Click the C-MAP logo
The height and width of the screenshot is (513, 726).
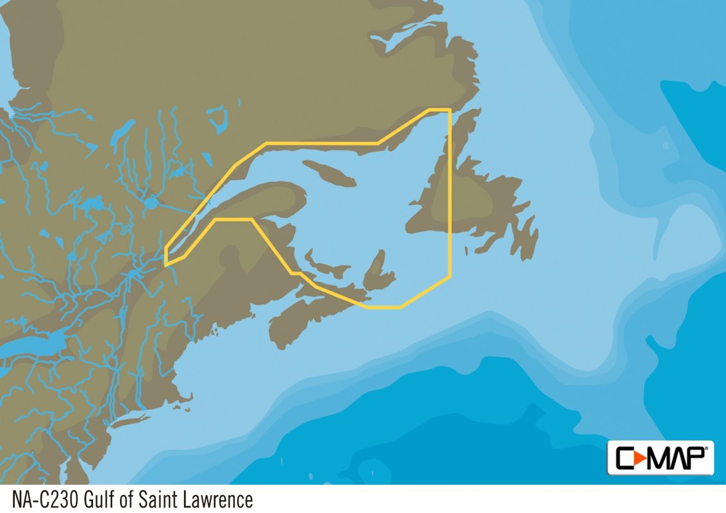(x=660, y=457)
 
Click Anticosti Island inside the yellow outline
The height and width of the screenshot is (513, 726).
(x=328, y=172)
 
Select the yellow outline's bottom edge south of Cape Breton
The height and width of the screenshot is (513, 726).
(x=385, y=307)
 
